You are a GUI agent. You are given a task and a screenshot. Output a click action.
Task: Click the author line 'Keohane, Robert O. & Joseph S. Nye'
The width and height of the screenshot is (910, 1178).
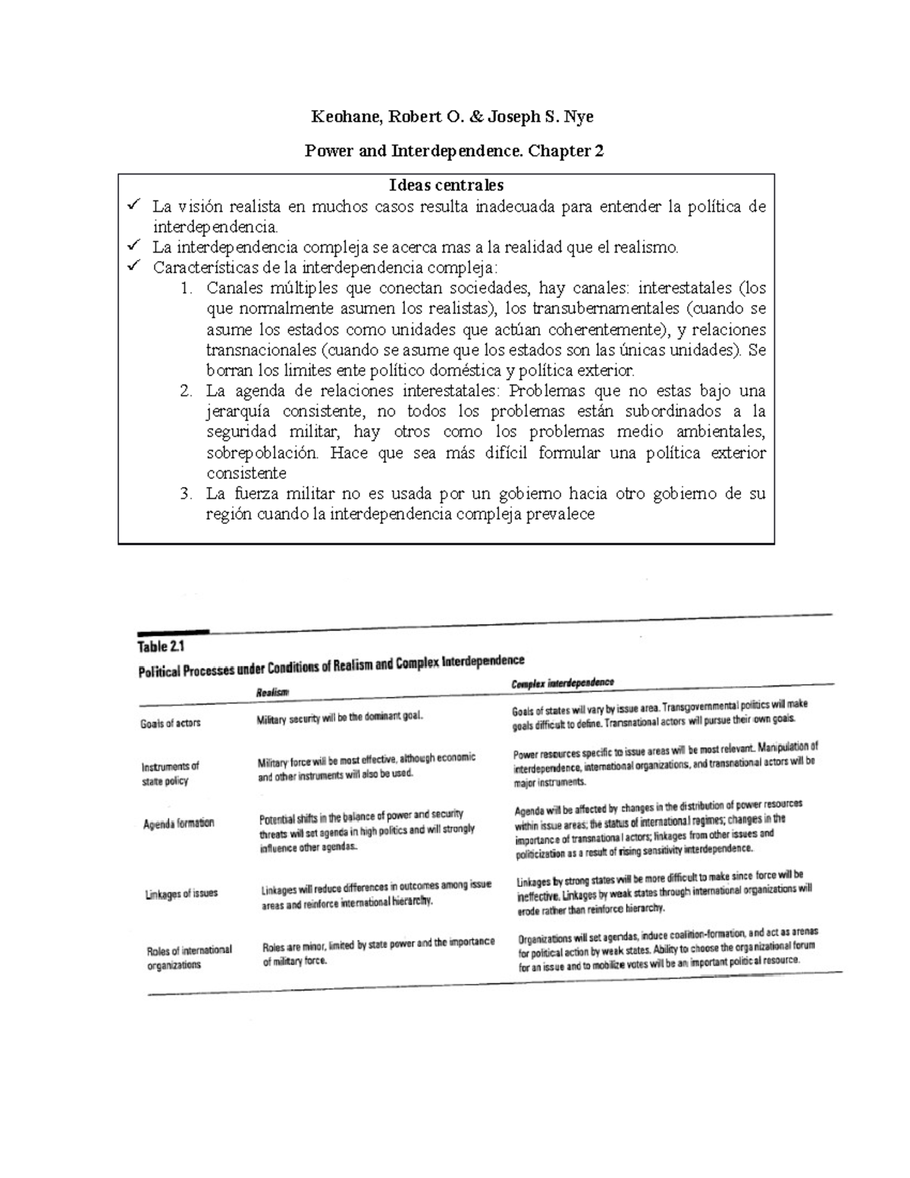pyautogui.click(x=453, y=117)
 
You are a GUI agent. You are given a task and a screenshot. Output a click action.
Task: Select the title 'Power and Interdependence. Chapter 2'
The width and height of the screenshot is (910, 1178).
pyautogui.click(x=453, y=151)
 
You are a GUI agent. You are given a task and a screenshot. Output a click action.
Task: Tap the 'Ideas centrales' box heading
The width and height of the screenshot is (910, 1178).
pyautogui.click(x=446, y=185)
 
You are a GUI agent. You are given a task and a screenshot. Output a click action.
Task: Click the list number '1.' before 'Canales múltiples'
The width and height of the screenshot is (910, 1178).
pyautogui.click(x=187, y=288)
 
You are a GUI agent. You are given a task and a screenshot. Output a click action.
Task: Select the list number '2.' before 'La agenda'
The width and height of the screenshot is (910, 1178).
pyautogui.click(x=187, y=391)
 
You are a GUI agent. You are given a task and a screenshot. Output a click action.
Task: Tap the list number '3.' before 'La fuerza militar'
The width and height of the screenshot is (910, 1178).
pyautogui.click(x=187, y=494)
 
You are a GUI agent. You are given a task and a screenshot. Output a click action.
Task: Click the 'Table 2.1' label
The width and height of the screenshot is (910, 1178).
pyautogui.click(x=161, y=647)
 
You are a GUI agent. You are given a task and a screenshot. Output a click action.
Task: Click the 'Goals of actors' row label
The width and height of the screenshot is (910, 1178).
pyautogui.click(x=171, y=723)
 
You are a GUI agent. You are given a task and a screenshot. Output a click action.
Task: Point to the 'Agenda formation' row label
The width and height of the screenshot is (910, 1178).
pyautogui.click(x=179, y=823)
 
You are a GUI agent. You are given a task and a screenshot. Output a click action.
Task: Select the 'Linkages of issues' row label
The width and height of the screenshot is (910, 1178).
pyautogui.click(x=181, y=894)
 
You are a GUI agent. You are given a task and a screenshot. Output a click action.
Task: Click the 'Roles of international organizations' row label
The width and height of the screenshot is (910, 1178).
pyautogui.click(x=189, y=957)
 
